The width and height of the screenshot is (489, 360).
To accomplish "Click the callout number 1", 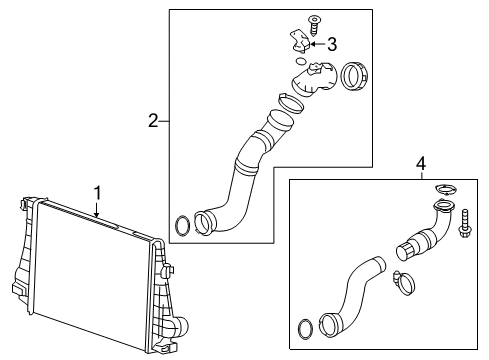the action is [97, 193].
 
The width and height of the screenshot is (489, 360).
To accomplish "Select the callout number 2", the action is [153, 121].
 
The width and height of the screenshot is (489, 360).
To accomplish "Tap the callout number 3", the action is [332, 44].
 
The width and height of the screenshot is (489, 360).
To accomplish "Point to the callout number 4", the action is [421, 164].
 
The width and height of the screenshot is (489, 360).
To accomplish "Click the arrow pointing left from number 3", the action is [317, 44].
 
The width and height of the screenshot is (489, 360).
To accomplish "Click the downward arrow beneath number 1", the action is [97, 210].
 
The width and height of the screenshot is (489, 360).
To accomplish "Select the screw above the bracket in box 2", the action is [313, 25].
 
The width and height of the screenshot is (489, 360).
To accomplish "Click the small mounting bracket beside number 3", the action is [300, 41].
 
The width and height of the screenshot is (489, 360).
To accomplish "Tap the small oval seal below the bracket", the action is [301, 61].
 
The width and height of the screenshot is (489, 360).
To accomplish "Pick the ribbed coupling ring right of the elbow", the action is [354, 76].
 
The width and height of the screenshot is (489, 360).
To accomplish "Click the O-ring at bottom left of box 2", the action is [182, 226].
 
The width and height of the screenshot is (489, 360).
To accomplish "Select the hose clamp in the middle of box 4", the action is [405, 283].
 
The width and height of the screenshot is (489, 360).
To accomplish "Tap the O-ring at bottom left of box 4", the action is [305, 329].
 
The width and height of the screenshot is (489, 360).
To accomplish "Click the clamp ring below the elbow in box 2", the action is [290, 103].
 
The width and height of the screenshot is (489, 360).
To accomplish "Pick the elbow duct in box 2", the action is [315, 79].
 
